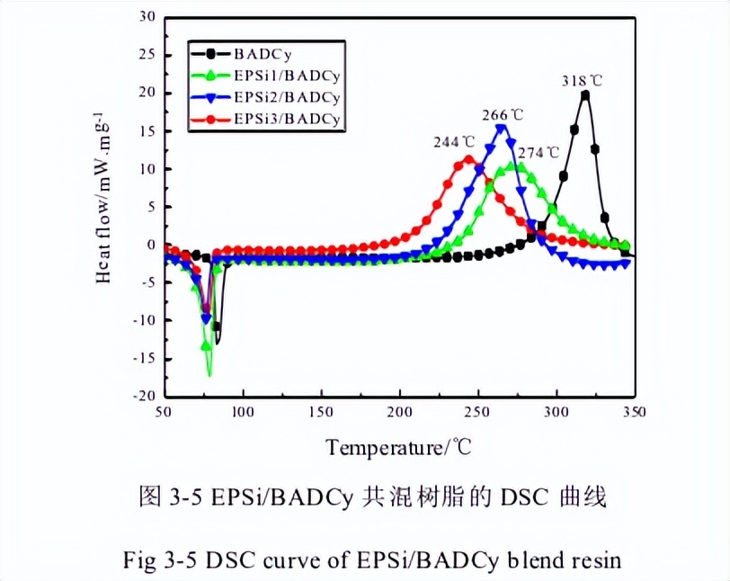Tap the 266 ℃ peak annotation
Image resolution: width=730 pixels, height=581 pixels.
pos(503,115)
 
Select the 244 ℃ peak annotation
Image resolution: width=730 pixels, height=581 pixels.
pos(455,142)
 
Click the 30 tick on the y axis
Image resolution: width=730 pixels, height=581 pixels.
pos(147,17)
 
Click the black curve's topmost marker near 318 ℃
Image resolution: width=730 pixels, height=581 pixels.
pos(585,95)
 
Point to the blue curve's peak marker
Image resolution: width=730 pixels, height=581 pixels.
pos(502,129)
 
